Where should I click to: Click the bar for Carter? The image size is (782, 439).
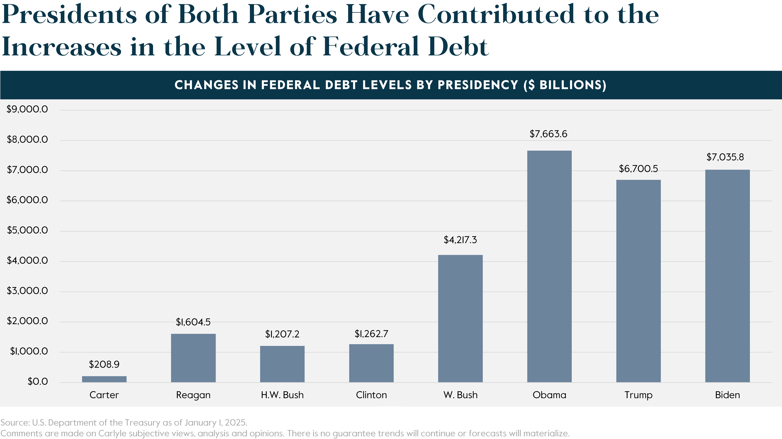pos(104,379)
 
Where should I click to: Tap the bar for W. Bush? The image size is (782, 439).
pos(460,319)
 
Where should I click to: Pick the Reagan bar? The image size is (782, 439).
pos(193,358)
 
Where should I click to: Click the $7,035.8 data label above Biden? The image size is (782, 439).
pos(725,157)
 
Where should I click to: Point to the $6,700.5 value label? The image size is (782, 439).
pos(638,169)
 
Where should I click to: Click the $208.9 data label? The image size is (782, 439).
pos(104,364)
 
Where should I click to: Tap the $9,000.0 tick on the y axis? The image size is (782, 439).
pos(27,109)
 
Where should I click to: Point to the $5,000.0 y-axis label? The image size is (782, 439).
pos(27,230)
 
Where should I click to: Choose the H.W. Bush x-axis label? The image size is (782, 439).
pos(282,395)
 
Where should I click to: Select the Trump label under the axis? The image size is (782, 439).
pos(638,395)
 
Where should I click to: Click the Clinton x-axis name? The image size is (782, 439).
pos(371,395)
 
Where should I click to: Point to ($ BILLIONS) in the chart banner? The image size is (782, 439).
pos(565,85)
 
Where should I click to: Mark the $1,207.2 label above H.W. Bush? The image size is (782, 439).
pos(282,334)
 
